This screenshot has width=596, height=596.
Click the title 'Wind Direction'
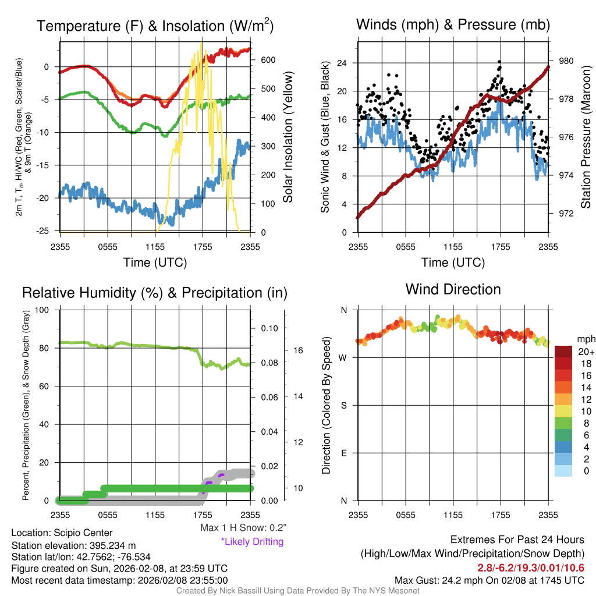click(x=453, y=289)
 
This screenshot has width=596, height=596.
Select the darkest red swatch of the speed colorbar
click(x=563, y=352)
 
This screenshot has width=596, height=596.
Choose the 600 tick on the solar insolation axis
click(x=268, y=60)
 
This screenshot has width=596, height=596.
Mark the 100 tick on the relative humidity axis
click(x=44, y=310)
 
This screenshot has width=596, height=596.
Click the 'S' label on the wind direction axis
click(x=343, y=406)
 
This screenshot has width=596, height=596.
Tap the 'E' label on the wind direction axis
click(x=343, y=453)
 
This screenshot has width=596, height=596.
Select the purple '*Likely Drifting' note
click(x=252, y=541)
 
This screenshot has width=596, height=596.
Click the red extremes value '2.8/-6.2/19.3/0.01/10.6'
click(x=531, y=567)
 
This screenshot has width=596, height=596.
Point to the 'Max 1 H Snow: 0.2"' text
click(x=243, y=528)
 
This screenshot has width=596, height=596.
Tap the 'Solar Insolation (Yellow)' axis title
click(x=288, y=137)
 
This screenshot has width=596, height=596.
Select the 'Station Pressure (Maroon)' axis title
click(x=586, y=137)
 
